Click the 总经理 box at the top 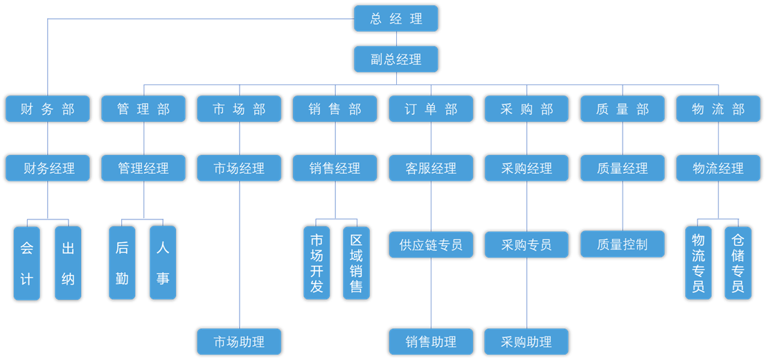coord(395,19)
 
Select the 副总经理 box coord(395,60)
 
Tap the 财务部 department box coord(48,109)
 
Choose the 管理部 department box coord(143,109)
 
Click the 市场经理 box coord(240,168)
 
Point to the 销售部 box coord(335,109)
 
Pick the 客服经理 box coord(431,168)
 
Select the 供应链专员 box coord(431,244)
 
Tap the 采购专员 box coord(526,244)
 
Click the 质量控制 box coord(623,244)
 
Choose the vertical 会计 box coord(27,263)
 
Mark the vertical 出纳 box coord(68,263)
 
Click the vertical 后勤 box coord(122,263)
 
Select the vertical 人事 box coord(163,263)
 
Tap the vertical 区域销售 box coord(356,263)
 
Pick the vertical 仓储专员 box coord(738,263)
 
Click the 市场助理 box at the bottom coord(240,341)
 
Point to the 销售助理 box coord(431,341)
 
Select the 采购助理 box coord(526,341)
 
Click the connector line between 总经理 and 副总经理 coord(396,39)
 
